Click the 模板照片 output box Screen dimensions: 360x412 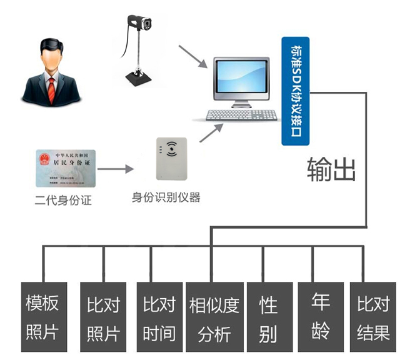click(x=43, y=317)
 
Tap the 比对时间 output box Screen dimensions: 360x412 click(x=159, y=317)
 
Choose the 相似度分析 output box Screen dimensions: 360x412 click(x=214, y=317)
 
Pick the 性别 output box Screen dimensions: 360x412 click(x=268, y=317)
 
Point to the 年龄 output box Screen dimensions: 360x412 click(x=320, y=317)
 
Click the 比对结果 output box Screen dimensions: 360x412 click(x=373, y=317)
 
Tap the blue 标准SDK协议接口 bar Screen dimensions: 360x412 click(x=296, y=91)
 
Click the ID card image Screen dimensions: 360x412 click(x=64, y=168)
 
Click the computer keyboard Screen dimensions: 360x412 click(x=241, y=115)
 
